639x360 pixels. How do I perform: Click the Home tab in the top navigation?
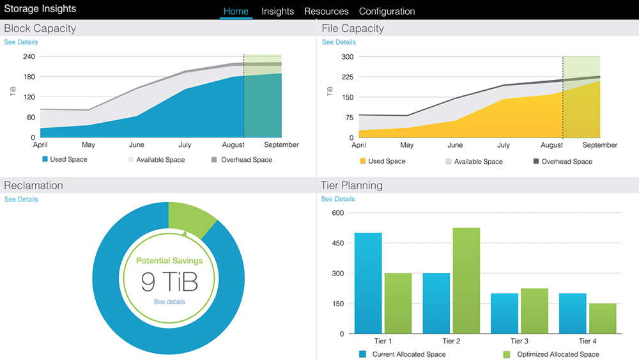[236, 12]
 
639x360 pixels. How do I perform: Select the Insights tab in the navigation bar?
[277, 12]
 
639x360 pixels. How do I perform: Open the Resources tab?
[327, 12]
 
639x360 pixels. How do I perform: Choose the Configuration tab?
[387, 12]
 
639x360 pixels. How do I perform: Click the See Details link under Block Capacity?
[21, 42]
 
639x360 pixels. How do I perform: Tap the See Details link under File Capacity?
[339, 42]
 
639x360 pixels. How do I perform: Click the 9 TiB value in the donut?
[169, 281]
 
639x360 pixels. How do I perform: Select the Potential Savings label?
[169, 261]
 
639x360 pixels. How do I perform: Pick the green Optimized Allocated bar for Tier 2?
[466, 280]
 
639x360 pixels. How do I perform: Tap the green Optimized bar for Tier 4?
[603, 318]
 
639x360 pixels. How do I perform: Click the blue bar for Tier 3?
[504, 313]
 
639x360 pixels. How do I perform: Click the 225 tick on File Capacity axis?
[347, 77]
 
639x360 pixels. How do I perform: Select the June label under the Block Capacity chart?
[137, 145]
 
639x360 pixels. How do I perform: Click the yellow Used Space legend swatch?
[363, 162]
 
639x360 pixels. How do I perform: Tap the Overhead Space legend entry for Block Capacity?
[241, 160]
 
